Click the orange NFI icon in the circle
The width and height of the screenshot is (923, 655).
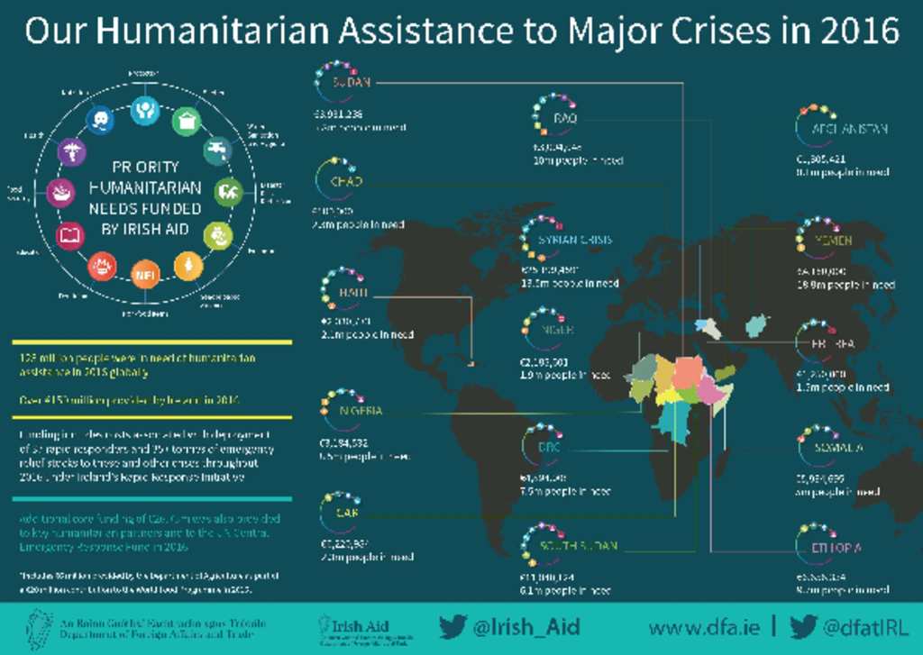point(144,274)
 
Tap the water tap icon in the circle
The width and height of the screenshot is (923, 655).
point(216,150)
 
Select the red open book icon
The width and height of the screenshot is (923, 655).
point(70,236)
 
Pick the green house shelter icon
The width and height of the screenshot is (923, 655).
point(186,121)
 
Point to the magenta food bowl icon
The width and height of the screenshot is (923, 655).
point(60,193)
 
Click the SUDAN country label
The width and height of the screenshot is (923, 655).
point(352,82)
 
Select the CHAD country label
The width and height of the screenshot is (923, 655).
point(346,181)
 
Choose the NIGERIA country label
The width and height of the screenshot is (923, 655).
point(361,411)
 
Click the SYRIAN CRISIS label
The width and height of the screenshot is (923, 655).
point(575,240)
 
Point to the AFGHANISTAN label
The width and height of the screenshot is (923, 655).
point(849,129)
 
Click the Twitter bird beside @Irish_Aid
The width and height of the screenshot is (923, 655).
point(452,626)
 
